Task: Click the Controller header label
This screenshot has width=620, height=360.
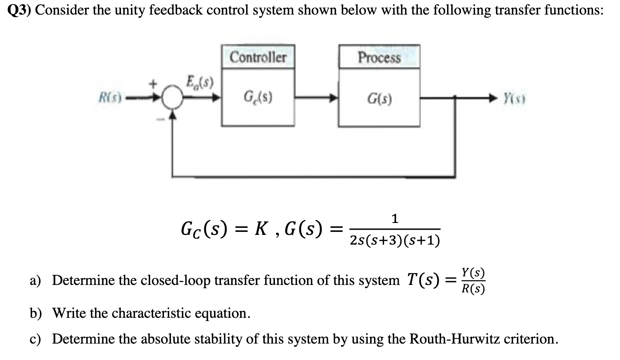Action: coord(258,57)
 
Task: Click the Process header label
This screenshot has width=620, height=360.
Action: coord(379,58)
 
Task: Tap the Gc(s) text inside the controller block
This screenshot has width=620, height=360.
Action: coord(258,97)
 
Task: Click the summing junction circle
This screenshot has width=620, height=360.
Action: coord(172,99)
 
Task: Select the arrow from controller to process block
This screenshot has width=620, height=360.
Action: coord(317,99)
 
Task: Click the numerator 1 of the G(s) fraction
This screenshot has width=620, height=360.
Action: coord(395,218)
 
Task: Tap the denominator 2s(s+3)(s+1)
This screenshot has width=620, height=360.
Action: coord(395,241)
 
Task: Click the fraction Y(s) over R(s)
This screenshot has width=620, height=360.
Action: coord(473,281)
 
